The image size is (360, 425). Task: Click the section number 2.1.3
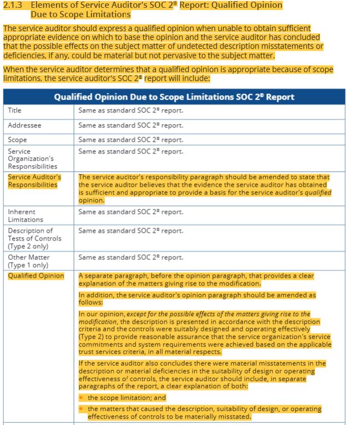click(x=12, y=5)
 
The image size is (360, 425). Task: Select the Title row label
click(x=15, y=110)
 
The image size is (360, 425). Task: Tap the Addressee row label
click(x=24, y=125)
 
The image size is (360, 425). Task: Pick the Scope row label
click(x=17, y=140)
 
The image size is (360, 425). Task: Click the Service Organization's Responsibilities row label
click(x=32, y=158)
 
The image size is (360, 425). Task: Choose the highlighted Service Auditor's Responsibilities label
click(x=34, y=181)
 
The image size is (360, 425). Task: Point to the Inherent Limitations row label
click(x=24, y=216)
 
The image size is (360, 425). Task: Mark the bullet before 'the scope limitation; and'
click(x=81, y=398)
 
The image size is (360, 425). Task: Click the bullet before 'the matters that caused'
click(x=81, y=409)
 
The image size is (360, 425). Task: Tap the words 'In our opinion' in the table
click(x=102, y=314)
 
